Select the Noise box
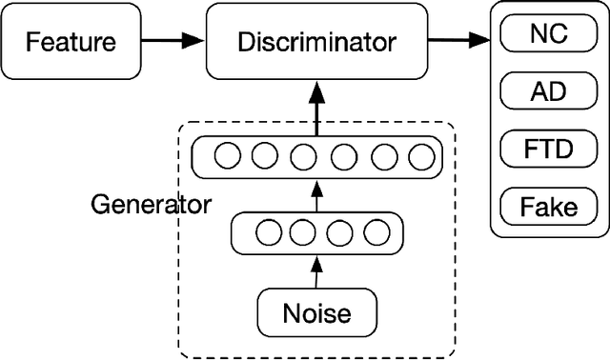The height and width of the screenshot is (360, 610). pyautogui.click(x=315, y=312)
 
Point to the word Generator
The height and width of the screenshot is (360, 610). pyautogui.click(x=151, y=205)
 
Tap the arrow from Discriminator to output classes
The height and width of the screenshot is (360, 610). pyautogui.click(x=457, y=41)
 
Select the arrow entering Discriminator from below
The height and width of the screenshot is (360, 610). pyautogui.click(x=315, y=107)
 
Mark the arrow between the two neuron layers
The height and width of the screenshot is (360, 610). pyautogui.click(x=315, y=196)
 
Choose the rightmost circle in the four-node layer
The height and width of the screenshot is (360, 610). pyautogui.click(x=377, y=231)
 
